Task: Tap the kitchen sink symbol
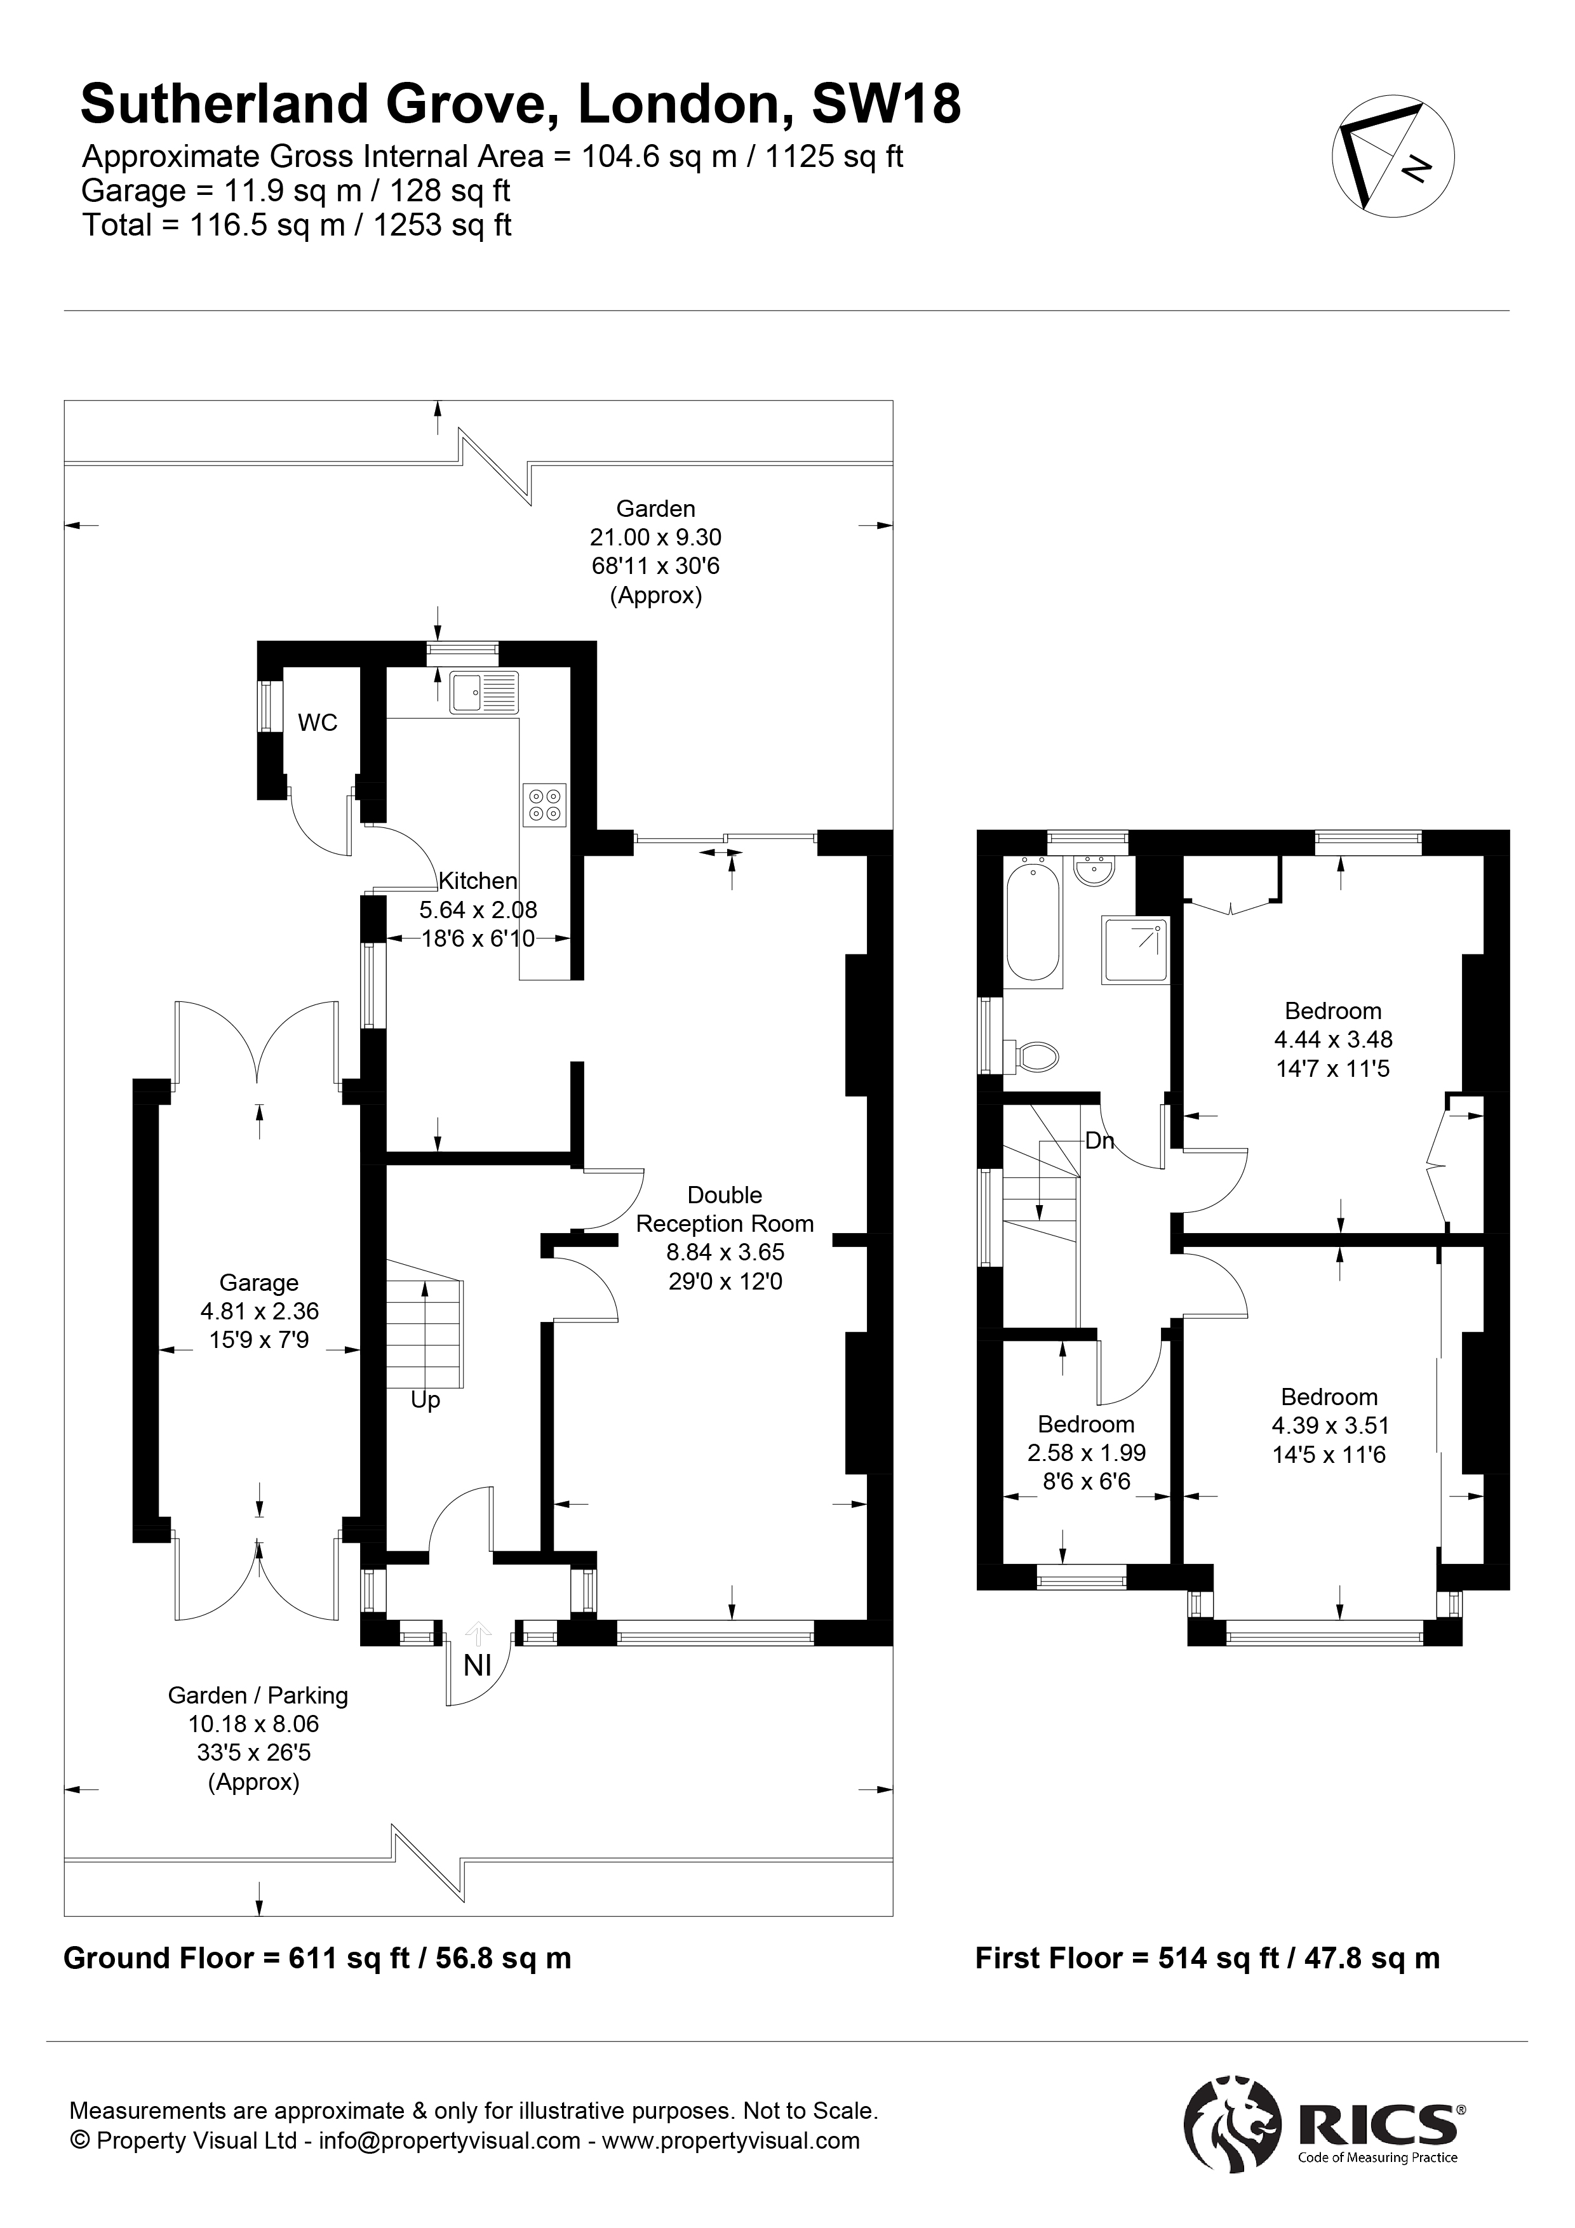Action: click(483, 693)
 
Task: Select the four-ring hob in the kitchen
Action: click(544, 804)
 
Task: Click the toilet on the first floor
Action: click(1033, 1056)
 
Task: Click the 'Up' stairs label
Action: click(425, 1400)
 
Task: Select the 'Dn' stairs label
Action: click(1099, 1141)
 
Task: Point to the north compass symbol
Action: click(1393, 156)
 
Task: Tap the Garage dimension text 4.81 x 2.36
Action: click(259, 1311)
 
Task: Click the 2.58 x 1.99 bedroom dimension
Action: click(1087, 1453)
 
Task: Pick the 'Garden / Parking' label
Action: click(258, 1695)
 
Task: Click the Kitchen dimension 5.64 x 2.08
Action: click(478, 911)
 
